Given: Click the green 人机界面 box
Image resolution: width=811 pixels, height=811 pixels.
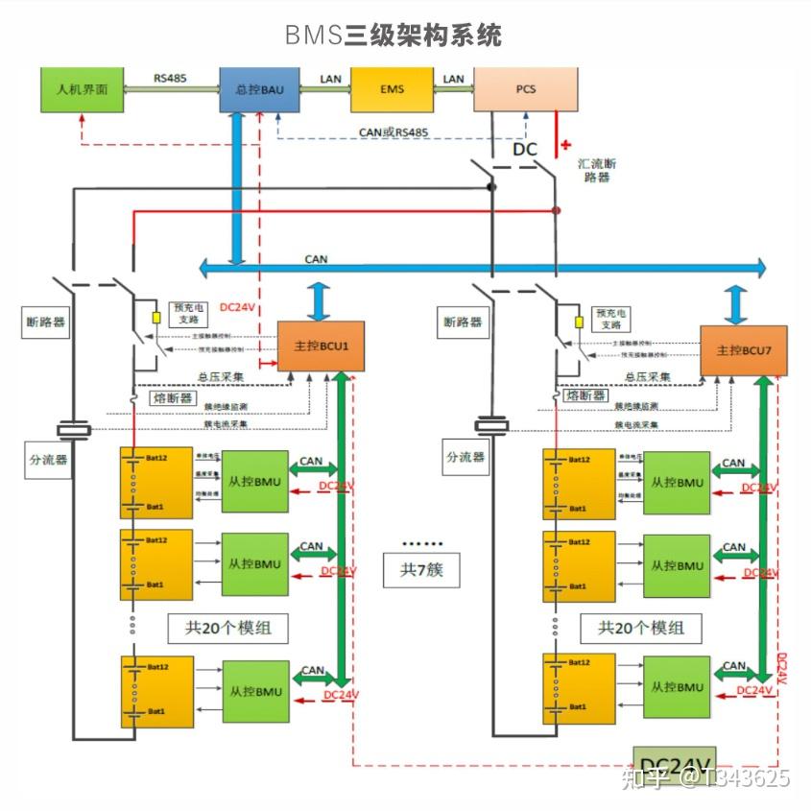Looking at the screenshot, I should click(x=82, y=89).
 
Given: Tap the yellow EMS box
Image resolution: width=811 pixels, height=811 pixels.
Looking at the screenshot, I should click(x=393, y=89).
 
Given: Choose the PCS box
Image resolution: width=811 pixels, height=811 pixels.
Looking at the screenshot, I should click(x=525, y=89).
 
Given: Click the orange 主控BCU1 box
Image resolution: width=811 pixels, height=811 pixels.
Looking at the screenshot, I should click(x=321, y=346).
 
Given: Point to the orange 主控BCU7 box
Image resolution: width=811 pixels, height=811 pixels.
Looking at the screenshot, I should click(x=744, y=350).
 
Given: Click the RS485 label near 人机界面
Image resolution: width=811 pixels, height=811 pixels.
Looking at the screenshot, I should click(x=172, y=79).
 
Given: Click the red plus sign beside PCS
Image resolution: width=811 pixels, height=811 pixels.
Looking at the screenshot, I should click(x=565, y=145).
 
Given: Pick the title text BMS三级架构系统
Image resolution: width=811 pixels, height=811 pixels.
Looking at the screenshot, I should click(x=393, y=36).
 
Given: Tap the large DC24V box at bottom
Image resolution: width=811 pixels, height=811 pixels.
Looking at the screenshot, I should click(x=675, y=764).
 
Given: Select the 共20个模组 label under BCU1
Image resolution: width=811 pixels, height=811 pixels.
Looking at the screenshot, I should click(x=227, y=628).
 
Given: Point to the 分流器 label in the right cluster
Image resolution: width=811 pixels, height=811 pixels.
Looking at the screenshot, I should click(x=465, y=458).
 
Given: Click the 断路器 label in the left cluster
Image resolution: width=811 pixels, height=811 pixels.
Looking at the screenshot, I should click(x=46, y=322).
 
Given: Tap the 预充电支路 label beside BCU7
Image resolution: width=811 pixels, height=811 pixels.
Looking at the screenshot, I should click(x=611, y=319).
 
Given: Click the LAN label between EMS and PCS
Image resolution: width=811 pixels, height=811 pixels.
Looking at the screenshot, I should click(x=453, y=79).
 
